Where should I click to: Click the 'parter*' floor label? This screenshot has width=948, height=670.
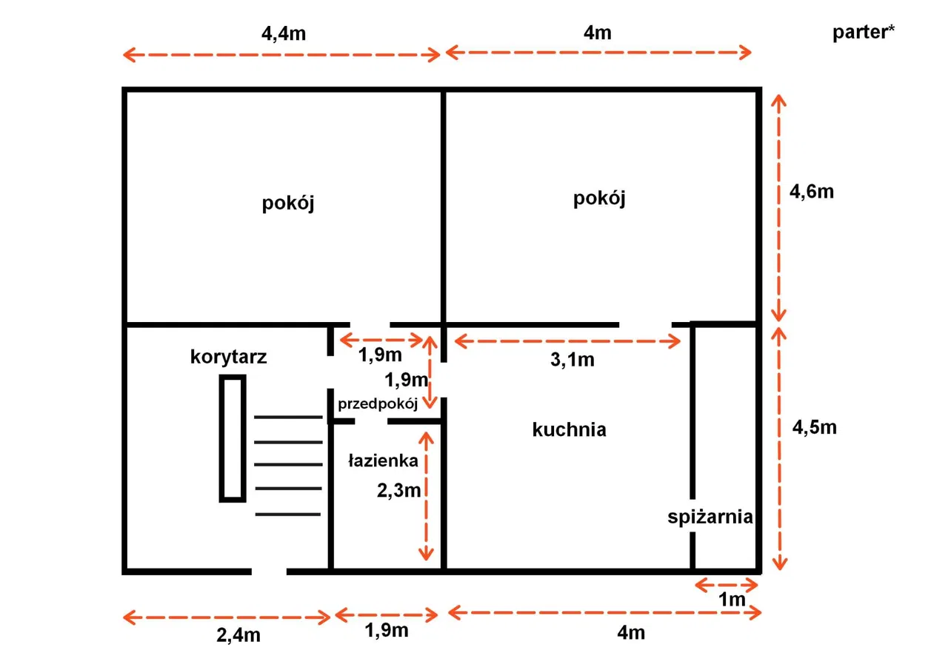[864, 33]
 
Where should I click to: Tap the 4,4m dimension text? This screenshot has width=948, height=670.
[284, 34]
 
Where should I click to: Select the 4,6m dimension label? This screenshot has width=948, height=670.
[812, 192]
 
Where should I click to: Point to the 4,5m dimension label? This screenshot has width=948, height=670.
[815, 428]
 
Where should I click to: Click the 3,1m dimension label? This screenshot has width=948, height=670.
[573, 360]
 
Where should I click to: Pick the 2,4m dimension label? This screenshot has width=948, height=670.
[238, 635]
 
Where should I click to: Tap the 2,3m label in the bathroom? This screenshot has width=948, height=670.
[398, 491]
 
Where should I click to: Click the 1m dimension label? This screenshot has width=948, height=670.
[732, 600]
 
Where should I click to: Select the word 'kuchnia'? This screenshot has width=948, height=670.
[570, 429]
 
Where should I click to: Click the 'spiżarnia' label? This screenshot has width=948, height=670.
[710, 517]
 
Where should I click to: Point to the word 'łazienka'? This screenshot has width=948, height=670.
[383, 460]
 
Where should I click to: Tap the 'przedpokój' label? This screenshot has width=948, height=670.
[378, 404]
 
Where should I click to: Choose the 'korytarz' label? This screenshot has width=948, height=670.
[229, 357]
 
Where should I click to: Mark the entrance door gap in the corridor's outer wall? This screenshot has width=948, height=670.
[269, 572]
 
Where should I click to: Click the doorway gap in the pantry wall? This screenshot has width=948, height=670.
[692, 515]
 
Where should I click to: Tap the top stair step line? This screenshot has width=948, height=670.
[288, 417]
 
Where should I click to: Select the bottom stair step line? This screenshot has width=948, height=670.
[288, 515]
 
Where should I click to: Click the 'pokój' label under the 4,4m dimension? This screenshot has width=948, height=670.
[288, 204]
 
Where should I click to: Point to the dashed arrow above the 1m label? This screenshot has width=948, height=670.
[727, 586]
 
